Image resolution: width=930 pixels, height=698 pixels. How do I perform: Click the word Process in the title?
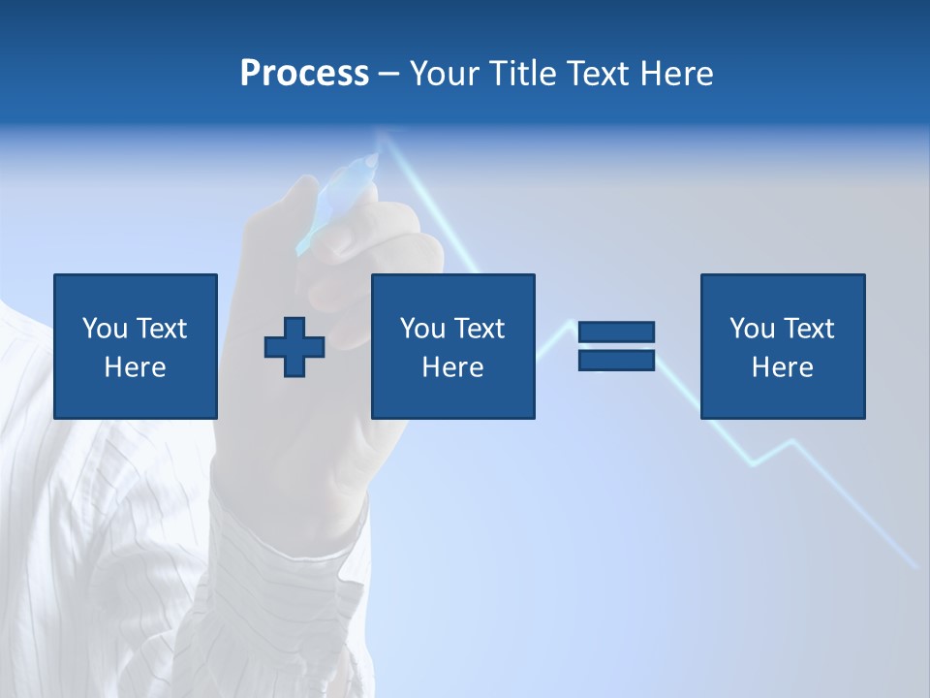pyautogui.click(x=304, y=74)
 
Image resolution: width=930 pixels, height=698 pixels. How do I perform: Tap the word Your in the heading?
pyautogui.click(x=448, y=74)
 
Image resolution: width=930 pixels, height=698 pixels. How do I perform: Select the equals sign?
pyautogui.click(x=616, y=346)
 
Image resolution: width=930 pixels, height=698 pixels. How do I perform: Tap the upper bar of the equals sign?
pyautogui.click(x=616, y=332)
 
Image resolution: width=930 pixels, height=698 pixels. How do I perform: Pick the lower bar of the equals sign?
pyautogui.click(x=616, y=360)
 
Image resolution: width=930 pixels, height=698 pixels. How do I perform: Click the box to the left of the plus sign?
pyautogui.click(x=135, y=346)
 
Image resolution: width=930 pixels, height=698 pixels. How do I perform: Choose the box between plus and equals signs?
pyautogui.click(x=452, y=346)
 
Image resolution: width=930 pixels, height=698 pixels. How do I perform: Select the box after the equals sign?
pyautogui.click(x=782, y=346)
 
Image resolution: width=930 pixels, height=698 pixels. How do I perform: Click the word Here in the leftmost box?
pyautogui.click(x=135, y=367)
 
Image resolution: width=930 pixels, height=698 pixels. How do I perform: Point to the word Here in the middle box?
pyautogui.click(x=452, y=367)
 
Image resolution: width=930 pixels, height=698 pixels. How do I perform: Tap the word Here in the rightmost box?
pyautogui.click(x=782, y=367)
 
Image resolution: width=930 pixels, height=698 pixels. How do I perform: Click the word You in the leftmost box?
pyautogui.click(x=105, y=329)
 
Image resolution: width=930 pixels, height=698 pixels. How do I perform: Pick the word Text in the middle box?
pyautogui.click(x=479, y=329)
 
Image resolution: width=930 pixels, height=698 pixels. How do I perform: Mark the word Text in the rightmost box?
pyautogui.click(x=808, y=329)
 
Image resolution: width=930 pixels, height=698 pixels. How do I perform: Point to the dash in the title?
pyautogui.click(x=388, y=75)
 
